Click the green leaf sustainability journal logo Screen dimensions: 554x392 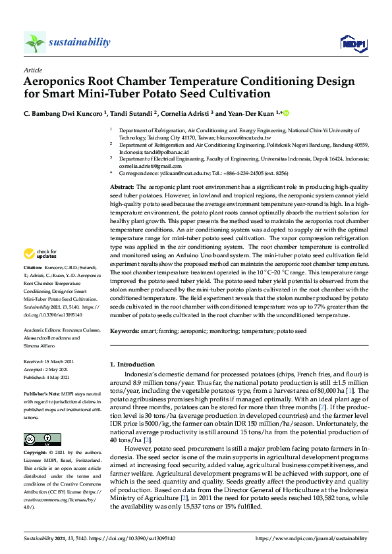pyautogui.click(x=35, y=42)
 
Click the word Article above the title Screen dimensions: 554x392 pyautogui.click(x=33, y=70)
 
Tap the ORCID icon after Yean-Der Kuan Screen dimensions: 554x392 pyautogui.click(x=287, y=113)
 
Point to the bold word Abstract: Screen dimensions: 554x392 pyautogui.click(x=122, y=188)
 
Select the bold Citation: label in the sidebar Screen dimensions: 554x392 pyautogui.click(x=33, y=268)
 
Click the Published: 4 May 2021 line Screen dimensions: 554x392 pyautogui.click(x=50, y=376)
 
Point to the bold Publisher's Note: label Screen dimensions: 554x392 pyautogui.click(x=42, y=391)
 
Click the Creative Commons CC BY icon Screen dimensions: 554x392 pyautogui.click(x=38, y=440)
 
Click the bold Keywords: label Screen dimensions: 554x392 pyautogui.click(x=124, y=331)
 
